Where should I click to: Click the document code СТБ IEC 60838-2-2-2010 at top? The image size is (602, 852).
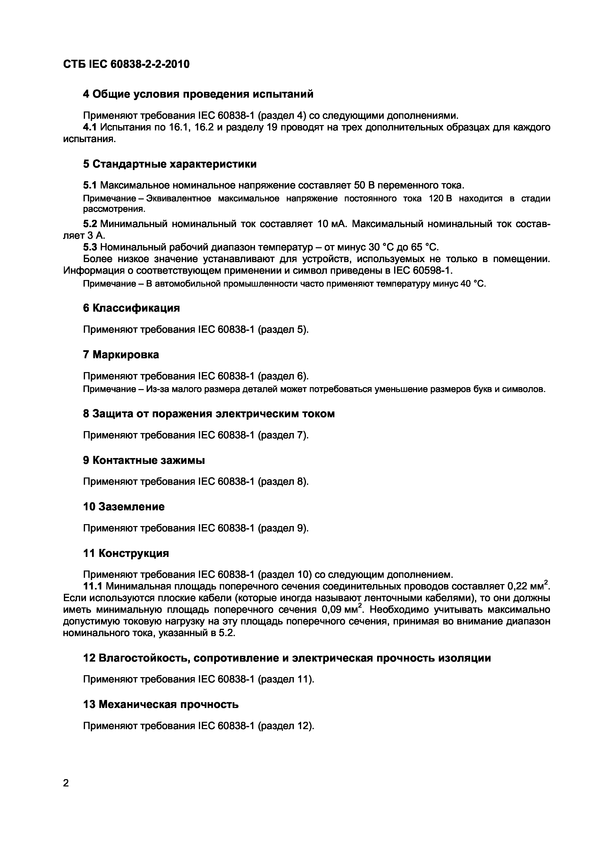point(126,65)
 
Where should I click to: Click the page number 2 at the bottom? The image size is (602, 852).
point(66,783)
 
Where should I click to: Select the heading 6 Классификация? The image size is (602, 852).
point(131,308)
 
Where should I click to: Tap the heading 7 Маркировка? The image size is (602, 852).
point(121,355)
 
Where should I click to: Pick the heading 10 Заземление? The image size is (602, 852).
point(124,507)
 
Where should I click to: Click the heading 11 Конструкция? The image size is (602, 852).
point(126,553)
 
